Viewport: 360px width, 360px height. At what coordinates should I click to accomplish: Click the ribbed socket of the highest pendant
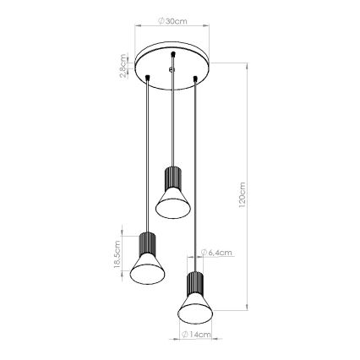(172, 178)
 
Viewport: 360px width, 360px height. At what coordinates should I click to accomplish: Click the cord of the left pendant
(148, 152)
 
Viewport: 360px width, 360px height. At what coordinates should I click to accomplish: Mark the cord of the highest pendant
(172, 118)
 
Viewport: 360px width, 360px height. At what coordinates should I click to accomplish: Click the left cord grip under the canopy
(148, 79)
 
